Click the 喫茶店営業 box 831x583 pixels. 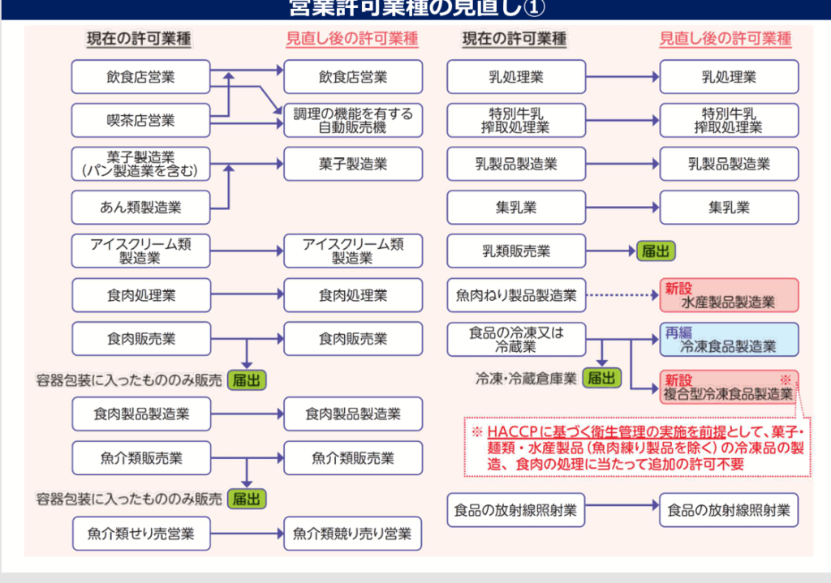coord(140,121)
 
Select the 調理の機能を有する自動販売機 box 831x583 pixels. coord(353,121)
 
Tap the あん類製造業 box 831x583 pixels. coord(140,208)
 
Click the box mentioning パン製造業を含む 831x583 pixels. coord(140,164)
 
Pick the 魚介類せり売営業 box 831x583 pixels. coord(140,534)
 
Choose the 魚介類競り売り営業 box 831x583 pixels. coord(353,534)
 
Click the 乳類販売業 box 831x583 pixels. coord(515,251)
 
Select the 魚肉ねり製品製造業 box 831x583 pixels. coord(515,295)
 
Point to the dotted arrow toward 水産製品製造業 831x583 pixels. coord(621,295)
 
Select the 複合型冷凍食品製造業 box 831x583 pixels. coord(729,388)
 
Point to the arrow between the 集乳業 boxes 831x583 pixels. coord(621,208)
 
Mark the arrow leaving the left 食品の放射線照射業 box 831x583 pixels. coord(621,510)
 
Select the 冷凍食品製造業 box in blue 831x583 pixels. coord(729,340)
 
